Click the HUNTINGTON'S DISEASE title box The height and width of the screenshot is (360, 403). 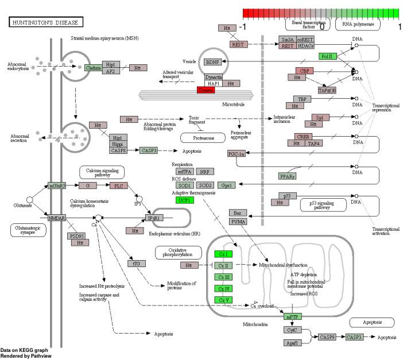(45, 22)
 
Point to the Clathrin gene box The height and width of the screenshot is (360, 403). (93, 68)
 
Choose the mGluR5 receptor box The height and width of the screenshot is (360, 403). (57, 185)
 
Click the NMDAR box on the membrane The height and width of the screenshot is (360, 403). (57, 218)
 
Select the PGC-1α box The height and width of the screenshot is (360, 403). (237, 154)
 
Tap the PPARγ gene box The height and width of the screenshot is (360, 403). (288, 176)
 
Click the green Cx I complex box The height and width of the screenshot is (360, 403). (223, 254)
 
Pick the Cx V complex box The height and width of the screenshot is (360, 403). (223, 300)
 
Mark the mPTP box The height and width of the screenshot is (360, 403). (292, 316)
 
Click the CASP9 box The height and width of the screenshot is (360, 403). (327, 337)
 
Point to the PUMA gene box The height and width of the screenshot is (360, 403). (238, 222)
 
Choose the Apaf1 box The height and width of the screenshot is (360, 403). (292, 343)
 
